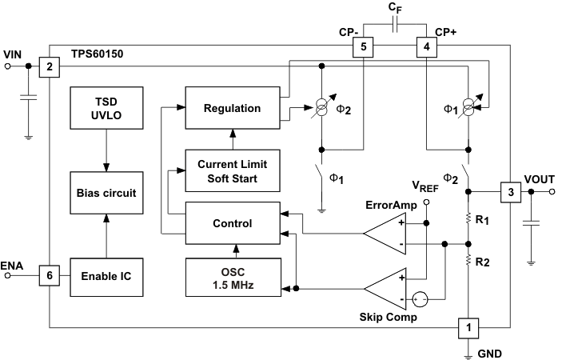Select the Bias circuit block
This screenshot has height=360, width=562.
tap(106, 193)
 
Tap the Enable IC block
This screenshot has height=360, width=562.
tap(106, 276)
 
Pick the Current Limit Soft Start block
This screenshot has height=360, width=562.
tap(233, 170)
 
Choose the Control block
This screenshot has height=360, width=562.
tap(233, 223)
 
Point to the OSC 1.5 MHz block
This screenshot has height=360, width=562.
tap(233, 276)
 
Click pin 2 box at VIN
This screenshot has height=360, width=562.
tap(50, 67)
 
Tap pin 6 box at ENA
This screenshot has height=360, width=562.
tap(50, 275)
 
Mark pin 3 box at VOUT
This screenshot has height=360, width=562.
tap(510, 192)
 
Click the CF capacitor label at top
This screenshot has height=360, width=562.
tap(395, 7)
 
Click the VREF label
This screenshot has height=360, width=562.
tap(425, 186)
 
